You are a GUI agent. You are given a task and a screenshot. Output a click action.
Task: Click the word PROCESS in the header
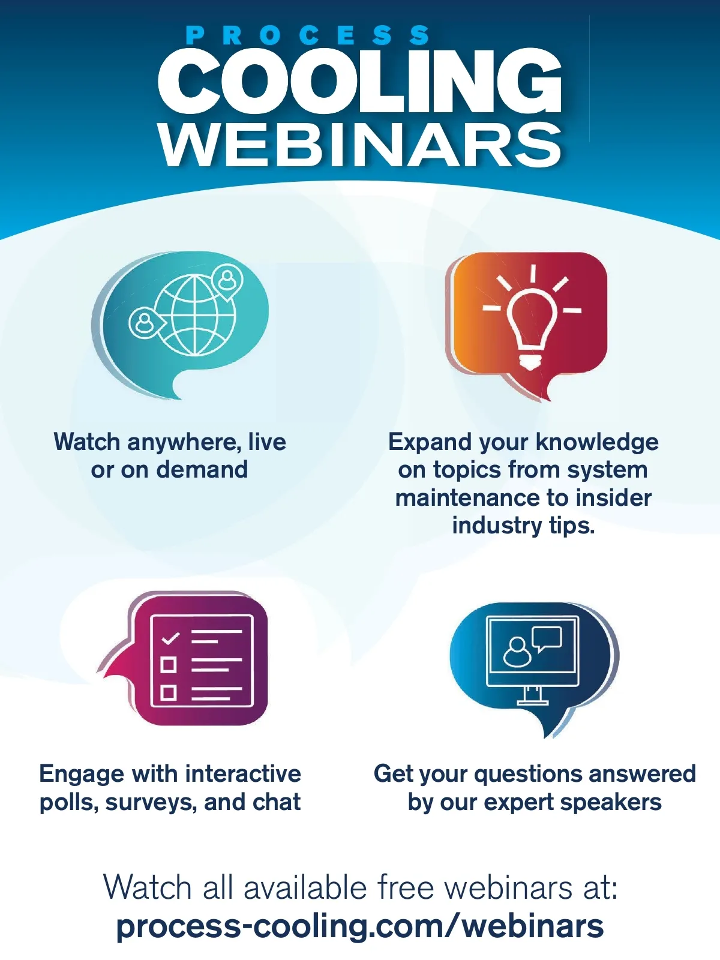coord(308,35)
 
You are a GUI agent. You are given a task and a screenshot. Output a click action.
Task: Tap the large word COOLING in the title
coord(359,82)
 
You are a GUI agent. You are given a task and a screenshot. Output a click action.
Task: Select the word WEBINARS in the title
coord(361,145)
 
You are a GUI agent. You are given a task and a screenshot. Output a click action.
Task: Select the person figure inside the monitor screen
coord(517,652)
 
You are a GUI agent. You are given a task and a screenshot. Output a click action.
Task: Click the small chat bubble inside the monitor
coord(547,638)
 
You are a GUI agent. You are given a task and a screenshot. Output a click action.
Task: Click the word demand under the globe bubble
coord(202,470)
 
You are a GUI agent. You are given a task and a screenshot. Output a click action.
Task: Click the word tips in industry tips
coord(572,526)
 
